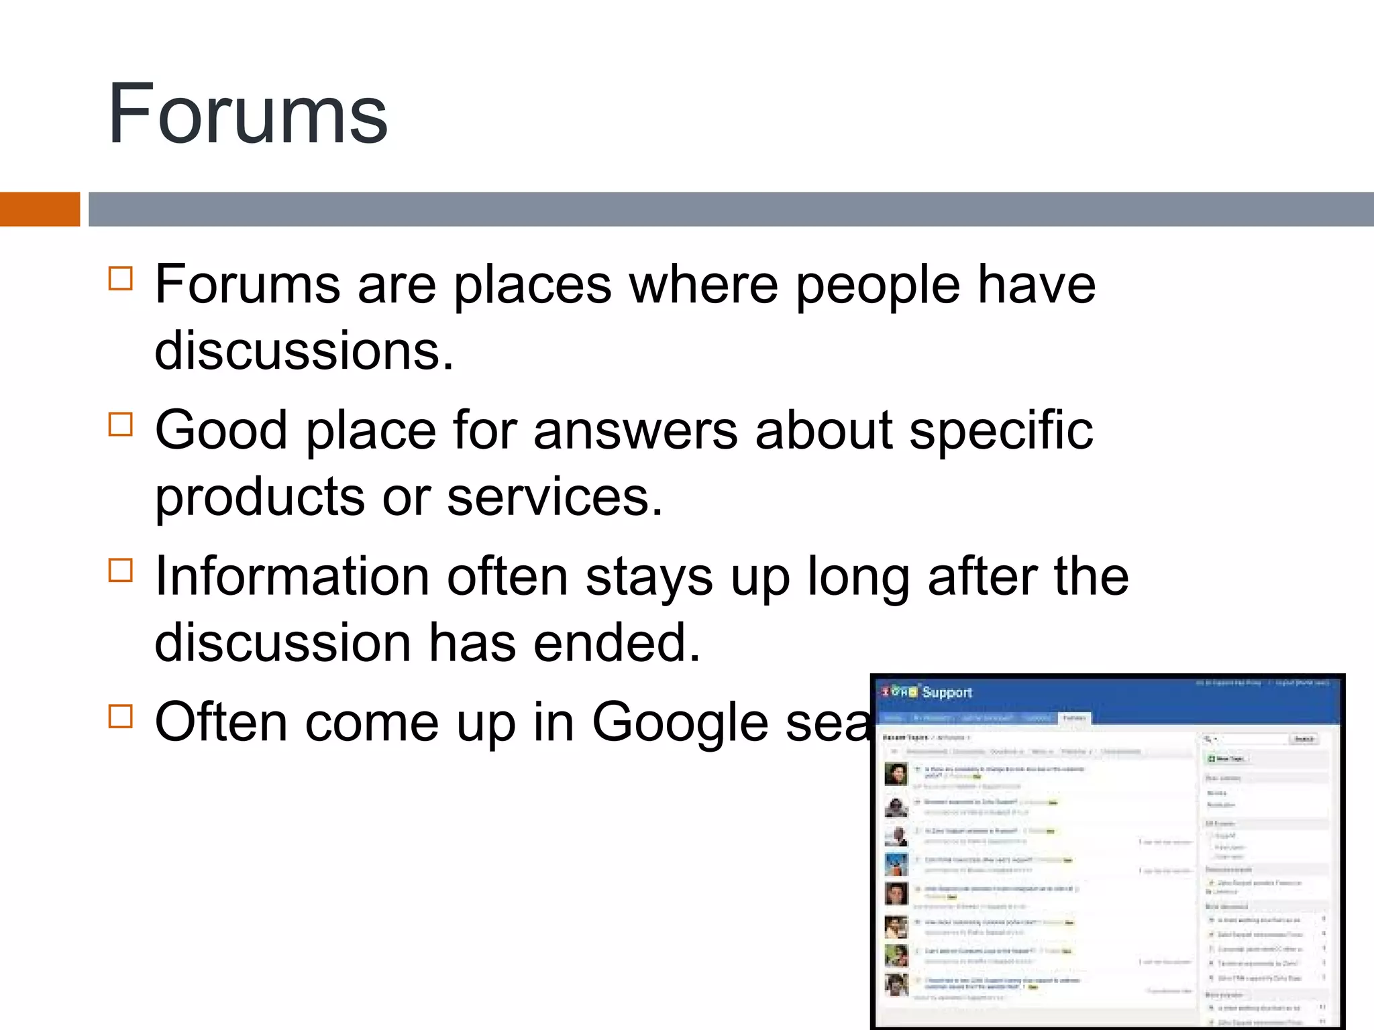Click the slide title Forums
(x=248, y=114)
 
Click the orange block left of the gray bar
(x=40, y=209)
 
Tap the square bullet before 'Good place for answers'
(x=121, y=424)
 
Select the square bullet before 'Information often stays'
(x=121, y=571)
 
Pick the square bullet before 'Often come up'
(x=121, y=716)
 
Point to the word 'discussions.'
(x=304, y=351)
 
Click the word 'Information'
(x=292, y=577)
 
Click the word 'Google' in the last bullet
(x=680, y=723)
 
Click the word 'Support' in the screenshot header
(x=947, y=693)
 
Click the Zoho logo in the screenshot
(x=899, y=692)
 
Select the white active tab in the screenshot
(x=1074, y=718)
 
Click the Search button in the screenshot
(x=1304, y=739)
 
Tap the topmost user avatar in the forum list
(x=896, y=774)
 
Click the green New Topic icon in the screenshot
(x=1212, y=759)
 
